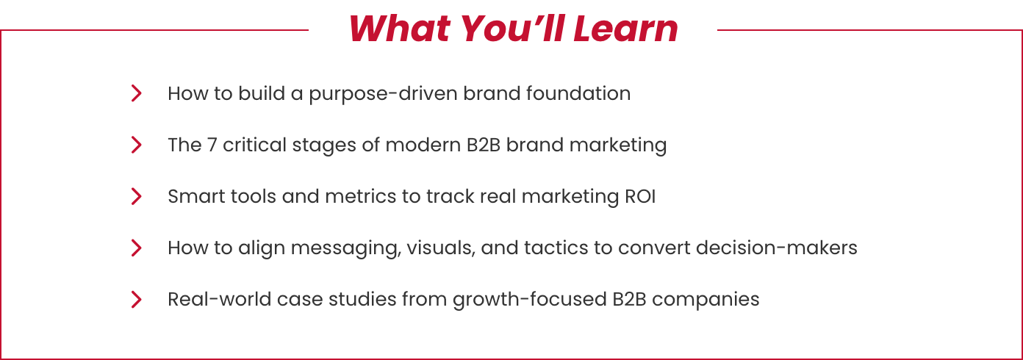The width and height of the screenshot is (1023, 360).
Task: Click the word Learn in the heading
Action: coord(625,29)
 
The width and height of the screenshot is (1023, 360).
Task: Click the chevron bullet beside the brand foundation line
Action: coord(136,93)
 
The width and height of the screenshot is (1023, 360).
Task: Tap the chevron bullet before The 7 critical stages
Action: coord(136,145)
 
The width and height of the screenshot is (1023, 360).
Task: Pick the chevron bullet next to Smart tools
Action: coord(136,196)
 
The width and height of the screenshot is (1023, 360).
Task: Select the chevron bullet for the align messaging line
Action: coord(136,248)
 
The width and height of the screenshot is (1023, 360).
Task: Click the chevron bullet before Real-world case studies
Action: coord(136,299)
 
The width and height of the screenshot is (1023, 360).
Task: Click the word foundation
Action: coord(578,93)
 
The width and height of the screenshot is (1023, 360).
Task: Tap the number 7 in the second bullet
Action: coord(212,145)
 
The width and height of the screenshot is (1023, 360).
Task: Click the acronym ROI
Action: coord(640,197)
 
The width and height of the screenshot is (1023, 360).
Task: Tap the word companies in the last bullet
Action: coord(706,300)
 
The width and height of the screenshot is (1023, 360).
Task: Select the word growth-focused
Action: coord(530,300)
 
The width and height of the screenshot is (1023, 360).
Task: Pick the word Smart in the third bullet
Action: coord(196,197)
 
